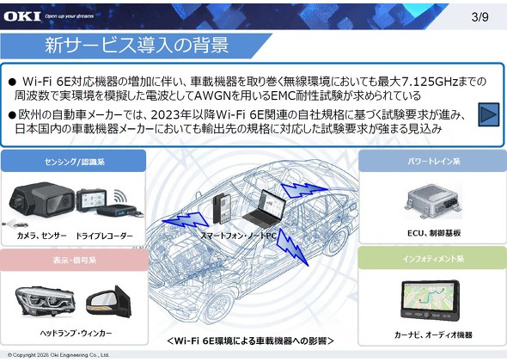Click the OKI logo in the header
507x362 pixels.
(x=22, y=15)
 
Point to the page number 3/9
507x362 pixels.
(x=480, y=17)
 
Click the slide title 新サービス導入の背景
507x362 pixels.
(x=137, y=45)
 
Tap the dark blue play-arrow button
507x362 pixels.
(x=489, y=114)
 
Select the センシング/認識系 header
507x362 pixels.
(x=74, y=161)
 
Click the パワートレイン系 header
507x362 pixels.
(x=432, y=161)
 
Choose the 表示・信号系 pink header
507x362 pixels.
(x=74, y=260)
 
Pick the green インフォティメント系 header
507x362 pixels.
(x=432, y=258)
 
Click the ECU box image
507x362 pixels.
(x=434, y=201)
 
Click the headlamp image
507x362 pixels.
(x=46, y=302)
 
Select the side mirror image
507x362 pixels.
(x=108, y=302)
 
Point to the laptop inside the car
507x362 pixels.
(x=264, y=209)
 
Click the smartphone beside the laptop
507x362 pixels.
(x=222, y=209)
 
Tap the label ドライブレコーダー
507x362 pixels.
(x=104, y=236)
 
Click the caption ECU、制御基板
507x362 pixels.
(x=434, y=233)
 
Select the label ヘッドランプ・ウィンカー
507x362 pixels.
(x=76, y=333)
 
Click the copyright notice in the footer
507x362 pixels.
(x=58, y=355)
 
